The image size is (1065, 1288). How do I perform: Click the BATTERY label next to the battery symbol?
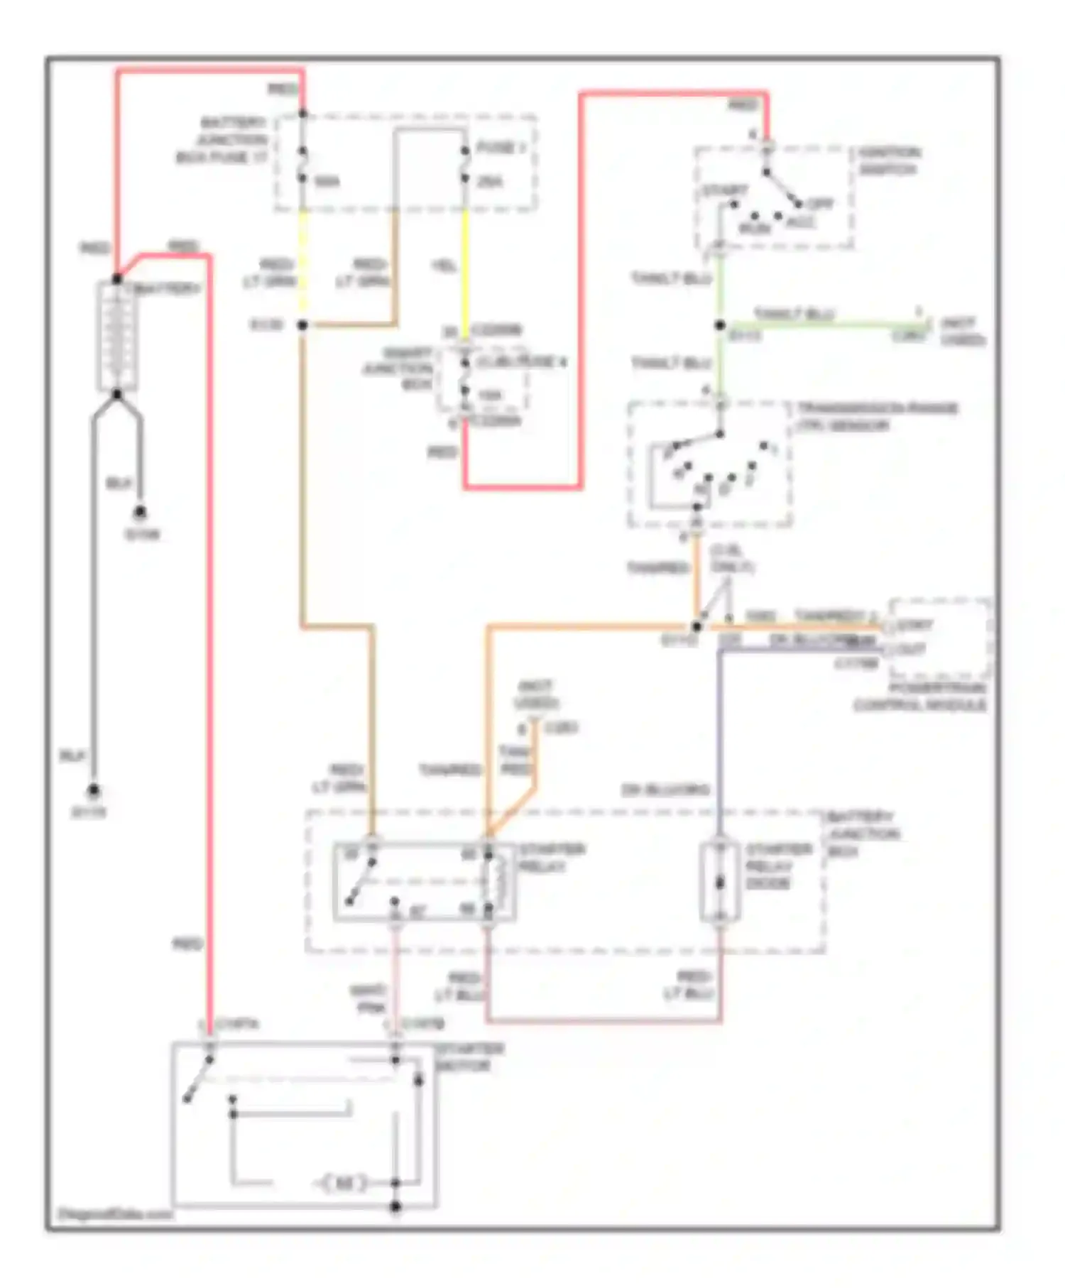[x=168, y=289]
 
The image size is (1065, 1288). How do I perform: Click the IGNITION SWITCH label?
[x=889, y=161]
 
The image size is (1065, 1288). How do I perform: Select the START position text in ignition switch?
[x=724, y=190]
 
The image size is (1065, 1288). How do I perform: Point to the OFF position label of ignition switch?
[x=819, y=204]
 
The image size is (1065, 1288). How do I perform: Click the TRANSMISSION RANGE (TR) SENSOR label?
[x=877, y=417]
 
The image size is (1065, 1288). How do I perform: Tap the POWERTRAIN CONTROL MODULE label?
[x=919, y=697]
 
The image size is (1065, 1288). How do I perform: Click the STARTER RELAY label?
[x=552, y=858]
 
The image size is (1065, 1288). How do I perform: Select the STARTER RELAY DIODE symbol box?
[x=720, y=882]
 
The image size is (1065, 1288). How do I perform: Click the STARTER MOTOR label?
[x=469, y=1057]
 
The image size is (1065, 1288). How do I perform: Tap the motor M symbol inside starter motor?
[x=344, y=1183]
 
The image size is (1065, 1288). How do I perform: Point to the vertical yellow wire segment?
[x=465, y=270]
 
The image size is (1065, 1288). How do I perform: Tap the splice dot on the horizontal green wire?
[x=720, y=325]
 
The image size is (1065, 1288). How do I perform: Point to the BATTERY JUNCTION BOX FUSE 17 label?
[x=222, y=140]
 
